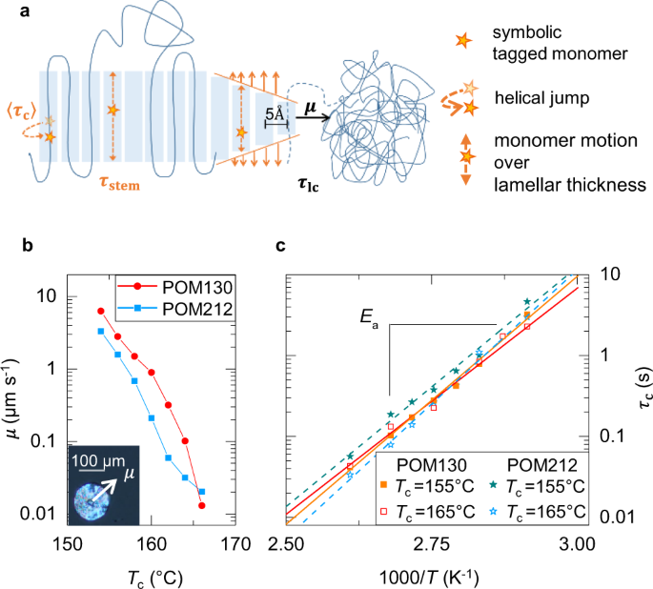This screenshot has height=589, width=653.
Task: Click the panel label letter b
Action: [28, 246]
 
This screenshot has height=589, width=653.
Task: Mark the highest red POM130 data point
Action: [101, 311]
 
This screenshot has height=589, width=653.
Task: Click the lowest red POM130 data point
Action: [201, 505]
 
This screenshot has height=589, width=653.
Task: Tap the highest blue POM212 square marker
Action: [101, 331]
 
